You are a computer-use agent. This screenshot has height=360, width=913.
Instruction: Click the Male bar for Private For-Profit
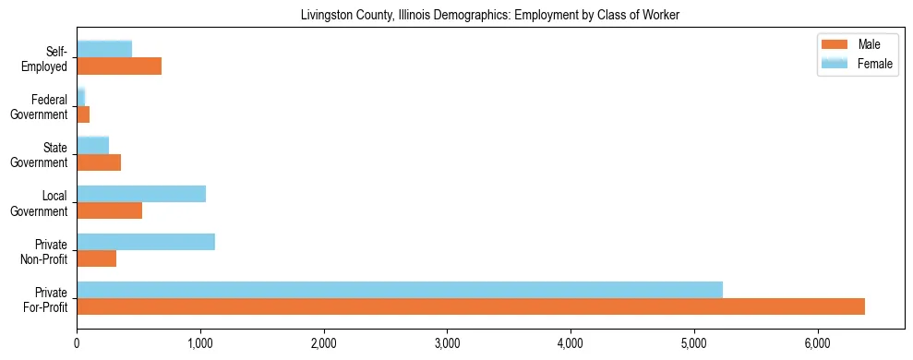[x=471, y=306]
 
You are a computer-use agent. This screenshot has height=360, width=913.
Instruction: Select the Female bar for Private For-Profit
[x=400, y=289]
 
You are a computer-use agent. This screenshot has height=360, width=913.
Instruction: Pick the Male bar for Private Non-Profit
[x=97, y=258]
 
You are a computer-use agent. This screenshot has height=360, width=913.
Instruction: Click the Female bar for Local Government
[x=141, y=194]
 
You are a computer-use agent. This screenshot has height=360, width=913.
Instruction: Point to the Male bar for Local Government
[x=110, y=210]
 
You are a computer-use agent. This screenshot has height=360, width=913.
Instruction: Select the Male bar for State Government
[x=99, y=162]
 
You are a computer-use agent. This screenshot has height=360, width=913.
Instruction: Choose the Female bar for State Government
[x=93, y=145]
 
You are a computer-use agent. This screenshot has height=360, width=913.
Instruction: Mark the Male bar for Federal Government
[x=83, y=114]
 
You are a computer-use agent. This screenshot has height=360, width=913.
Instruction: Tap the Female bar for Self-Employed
[x=104, y=49]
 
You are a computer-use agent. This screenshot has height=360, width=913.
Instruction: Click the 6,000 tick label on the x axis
[x=817, y=343]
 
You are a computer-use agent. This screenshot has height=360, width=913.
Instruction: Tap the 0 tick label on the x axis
[x=77, y=343]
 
